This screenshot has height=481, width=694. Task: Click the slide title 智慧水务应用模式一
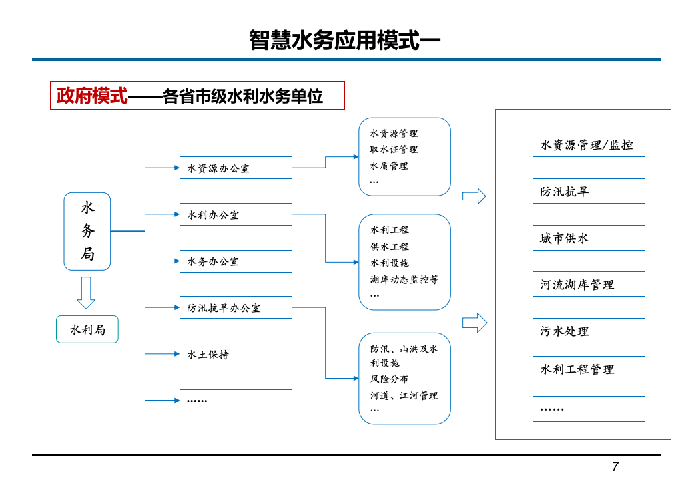pyautogui.click(x=345, y=40)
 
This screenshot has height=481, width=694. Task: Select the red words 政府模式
pyautogui.click(x=91, y=96)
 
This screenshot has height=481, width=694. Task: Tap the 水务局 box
pyautogui.click(x=87, y=231)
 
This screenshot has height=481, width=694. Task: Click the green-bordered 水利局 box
pyautogui.click(x=87, y=329)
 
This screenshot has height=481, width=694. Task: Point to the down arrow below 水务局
pyautogui.click(x=86, y=293)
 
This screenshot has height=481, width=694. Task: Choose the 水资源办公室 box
pyautogui.click(x=236, y=168)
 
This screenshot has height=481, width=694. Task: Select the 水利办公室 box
pyautogui.click(x=236, y=214)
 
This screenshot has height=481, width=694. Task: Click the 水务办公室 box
pyautogui.click(x=236, y=261)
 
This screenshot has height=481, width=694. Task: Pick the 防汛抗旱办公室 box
pyautogui.click(x=236, y=307)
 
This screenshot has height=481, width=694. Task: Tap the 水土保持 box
pyautogui.click(x=236, y=354)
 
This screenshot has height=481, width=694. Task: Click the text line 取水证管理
pyautogui.click(x=394, y=149)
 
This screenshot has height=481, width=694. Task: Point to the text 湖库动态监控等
pyautogui.click(x=404, y=279)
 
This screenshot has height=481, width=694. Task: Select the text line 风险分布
pyautogui.click(x=390, y=379)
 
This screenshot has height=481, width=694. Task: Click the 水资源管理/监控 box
pyautogui.click(x=589, y=144)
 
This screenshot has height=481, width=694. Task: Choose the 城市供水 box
pyautogui.click(x=589, y=238)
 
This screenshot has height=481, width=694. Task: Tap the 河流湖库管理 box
pyautogui.click(x=589, y=284)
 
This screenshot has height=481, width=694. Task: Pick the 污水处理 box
pyautogui.click(x=589, y=331)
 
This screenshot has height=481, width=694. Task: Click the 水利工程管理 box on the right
pyautogui.click(x=589, y=369)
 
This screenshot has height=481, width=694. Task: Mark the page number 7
pyautogui.click(x=615, y=466)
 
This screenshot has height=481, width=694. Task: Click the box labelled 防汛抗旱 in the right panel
pyautogui.click(x=589, y=191)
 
